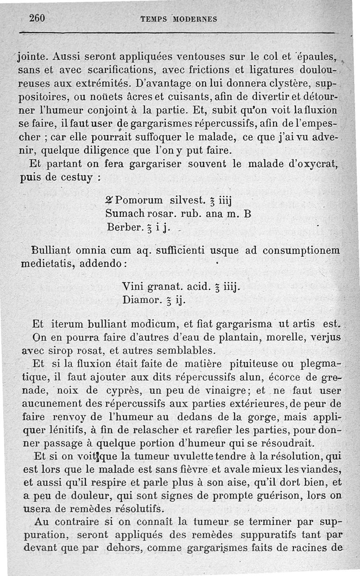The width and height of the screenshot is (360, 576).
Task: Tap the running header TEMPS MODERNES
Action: point(179,19)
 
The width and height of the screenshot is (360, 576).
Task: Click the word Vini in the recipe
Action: point(132,286)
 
